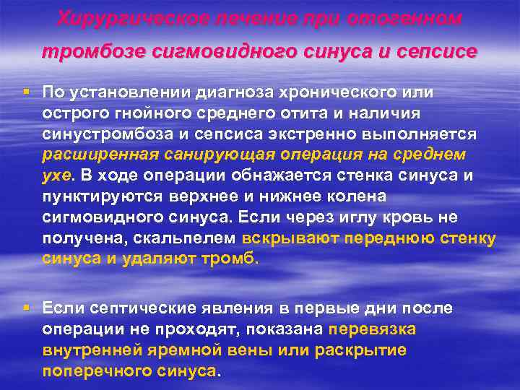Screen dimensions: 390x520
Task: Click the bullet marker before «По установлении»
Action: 27,92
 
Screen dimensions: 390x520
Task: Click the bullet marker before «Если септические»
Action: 27,308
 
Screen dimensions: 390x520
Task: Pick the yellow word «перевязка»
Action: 372,329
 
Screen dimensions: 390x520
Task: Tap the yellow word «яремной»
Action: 178,350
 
